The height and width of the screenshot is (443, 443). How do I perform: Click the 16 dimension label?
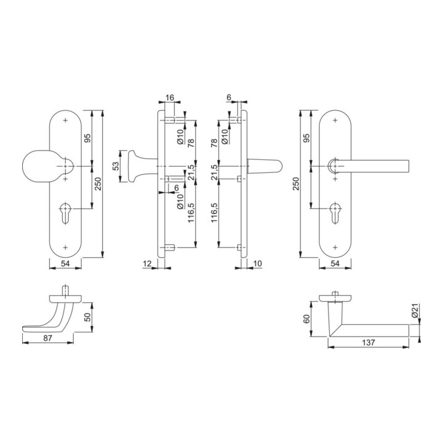click(170, 98)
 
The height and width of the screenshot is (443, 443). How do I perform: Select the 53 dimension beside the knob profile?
click(116, 166)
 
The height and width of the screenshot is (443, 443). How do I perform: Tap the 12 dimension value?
click(147, 263)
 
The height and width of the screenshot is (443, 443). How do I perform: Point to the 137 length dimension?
click(369, 343)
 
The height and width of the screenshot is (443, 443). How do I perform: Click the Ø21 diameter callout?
click(415, 310)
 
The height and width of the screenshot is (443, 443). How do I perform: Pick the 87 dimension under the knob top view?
click(48, 338)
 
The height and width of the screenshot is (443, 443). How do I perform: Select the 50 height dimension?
click(88, 317)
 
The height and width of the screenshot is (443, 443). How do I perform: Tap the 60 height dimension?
click(306, 319)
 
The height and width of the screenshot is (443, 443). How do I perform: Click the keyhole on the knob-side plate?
click(66, 213)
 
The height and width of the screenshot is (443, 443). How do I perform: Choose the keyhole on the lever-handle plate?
click(335, 213)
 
